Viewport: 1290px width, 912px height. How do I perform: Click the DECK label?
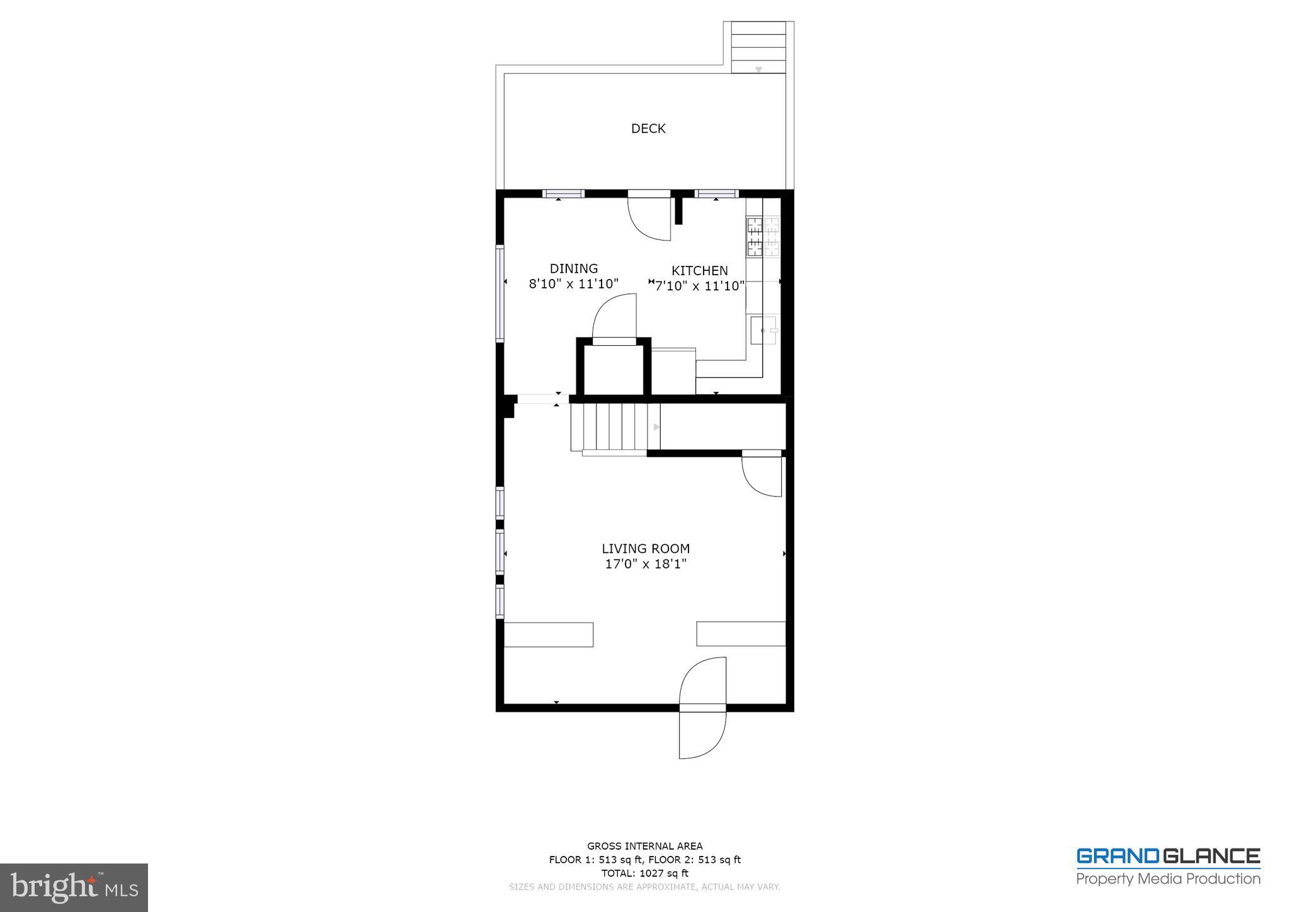click(x=648, y=128)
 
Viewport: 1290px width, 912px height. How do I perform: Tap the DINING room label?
click(x=574, y=269)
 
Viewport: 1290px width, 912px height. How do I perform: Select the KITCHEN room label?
click(x=699, y=271)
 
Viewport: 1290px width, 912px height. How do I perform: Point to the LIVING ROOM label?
click(x=646, y=549)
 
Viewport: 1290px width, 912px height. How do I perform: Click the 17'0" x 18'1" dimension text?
click(x=646, y=564)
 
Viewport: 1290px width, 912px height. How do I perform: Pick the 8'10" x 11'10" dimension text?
click(x=574, y=284)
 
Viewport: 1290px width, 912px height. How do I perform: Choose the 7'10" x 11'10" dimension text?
click(x=700, y=287)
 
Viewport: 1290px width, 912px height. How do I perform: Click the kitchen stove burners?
click(x=763, y=236)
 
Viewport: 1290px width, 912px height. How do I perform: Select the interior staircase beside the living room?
click(x=615, y=428)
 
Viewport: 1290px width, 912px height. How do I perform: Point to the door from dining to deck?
click(x=649, y=217)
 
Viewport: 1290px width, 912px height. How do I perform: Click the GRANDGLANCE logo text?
click(x=1168, y=857)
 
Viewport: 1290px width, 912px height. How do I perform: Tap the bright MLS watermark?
click(x=74, y=887)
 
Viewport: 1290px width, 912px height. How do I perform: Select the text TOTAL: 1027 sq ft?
click(x=644, y=873)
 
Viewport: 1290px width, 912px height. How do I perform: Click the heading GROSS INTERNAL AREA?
click(x=644, y=846)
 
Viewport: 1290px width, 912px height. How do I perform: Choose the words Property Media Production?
click(x=1168, y=879)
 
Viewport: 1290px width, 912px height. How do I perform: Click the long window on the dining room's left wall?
click(x=501, y=293)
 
